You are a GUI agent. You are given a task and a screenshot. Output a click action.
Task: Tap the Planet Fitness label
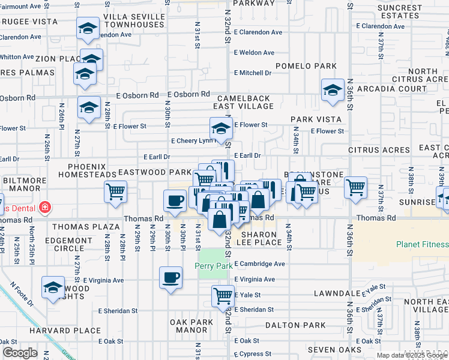tap(422, 244)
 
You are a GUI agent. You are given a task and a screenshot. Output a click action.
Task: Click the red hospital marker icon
tap(44, 208)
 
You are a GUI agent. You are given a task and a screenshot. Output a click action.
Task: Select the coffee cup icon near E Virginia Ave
tap(170, 278)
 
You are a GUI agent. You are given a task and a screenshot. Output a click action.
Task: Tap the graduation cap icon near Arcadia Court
tap(331, 90)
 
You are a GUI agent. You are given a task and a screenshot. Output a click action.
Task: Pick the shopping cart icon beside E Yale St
tap(223, 295)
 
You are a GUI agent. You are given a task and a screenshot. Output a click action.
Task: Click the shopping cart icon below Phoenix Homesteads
tap(115, 192)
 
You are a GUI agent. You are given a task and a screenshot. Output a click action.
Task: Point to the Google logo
tap(20, 353)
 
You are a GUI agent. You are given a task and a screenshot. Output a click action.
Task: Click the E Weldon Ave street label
tap(255, 53)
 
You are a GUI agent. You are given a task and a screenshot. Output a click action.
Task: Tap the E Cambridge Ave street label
tap(259, 264)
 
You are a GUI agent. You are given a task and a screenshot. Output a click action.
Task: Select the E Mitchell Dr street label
tap(253, 73)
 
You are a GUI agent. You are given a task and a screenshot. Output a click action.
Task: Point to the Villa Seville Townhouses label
tap(133, 21)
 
